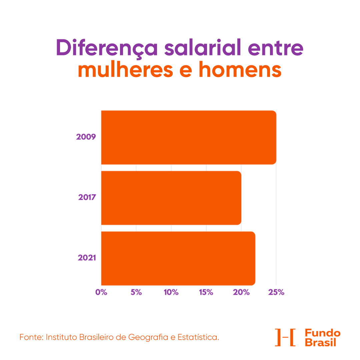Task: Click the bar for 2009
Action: [188, 137]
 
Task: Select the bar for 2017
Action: [171, 198]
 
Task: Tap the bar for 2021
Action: [178, 258]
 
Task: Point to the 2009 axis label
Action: [86, 137]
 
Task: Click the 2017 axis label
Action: [87, 197]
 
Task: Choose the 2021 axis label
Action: [87, 258]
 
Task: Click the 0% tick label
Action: [101, 292]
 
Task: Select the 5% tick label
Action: [136, 292]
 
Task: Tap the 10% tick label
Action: [171, 292]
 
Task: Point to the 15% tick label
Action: [206, 292]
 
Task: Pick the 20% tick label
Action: [241, 292]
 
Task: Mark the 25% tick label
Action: [276, 292]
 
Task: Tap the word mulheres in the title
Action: [136, 70]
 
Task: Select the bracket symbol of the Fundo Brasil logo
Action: [285, 337]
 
